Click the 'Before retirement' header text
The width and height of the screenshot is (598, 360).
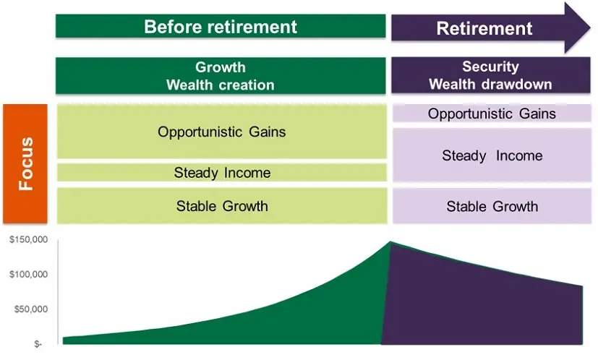[221, 27]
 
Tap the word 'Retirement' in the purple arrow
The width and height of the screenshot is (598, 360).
[484, 29]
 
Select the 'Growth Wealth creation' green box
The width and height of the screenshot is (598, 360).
[221, 76]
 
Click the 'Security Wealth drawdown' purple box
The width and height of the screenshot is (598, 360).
[491, 75]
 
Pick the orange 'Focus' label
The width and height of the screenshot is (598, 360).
[27, 163]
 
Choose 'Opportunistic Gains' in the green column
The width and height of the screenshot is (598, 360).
[221, 132]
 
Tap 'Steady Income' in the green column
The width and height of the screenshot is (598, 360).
[221, 173]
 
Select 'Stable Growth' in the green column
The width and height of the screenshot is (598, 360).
[221, 206]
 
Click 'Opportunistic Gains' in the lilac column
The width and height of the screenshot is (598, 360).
[492, 113]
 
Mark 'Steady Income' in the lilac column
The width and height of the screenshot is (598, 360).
[492, 155]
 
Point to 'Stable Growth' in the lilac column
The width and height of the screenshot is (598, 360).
[492, 206]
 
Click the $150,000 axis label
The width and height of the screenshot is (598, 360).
[28, 240]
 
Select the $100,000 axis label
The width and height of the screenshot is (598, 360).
[28, 275]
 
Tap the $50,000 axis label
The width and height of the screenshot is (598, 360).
[30, 309]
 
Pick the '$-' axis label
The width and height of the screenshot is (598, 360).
[38, 344]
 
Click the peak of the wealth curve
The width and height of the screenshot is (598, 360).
[390, 243]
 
